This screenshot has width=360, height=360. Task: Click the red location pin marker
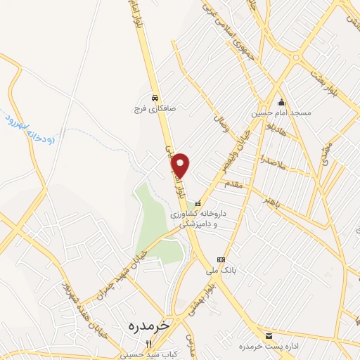coord(181,165)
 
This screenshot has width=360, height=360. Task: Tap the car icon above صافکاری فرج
coord(155,98)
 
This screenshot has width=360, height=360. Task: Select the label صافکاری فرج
coord(149,110)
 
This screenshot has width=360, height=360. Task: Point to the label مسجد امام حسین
coord(276,113)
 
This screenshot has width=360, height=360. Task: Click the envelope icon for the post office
coord(269,335)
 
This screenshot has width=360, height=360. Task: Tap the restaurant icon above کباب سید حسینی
coord(148,344)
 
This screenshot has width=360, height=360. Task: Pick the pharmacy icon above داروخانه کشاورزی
coord(198,203)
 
